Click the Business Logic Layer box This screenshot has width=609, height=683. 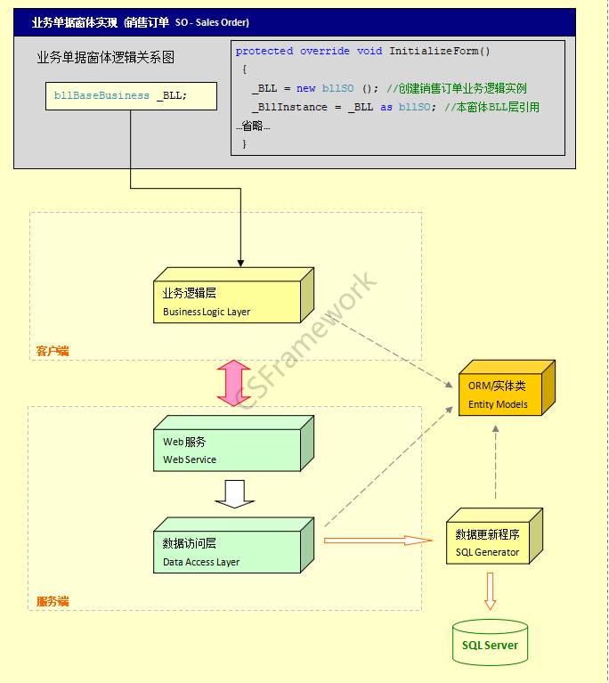tap(233, 296)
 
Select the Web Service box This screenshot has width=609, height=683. tap(233, 443)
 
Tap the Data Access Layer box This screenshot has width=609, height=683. tap(233, 545)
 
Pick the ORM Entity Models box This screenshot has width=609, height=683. tap(507, 387)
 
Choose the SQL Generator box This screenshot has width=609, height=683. tap(494, 536)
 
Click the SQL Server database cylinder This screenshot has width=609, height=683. tap(490, 643)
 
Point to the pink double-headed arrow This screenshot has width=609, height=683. tap(234, 383)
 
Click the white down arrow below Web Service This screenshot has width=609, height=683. tap(234, 494)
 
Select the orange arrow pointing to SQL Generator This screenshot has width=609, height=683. tap(378, 541)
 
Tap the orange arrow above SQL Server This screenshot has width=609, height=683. tap(490, 591)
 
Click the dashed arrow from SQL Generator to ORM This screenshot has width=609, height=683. tap(495, 462)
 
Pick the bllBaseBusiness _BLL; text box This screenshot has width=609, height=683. tap(131, 96)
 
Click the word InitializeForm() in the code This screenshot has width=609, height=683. tap(440, 51)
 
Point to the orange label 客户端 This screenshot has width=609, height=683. tap(53, 351)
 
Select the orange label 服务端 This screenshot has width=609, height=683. tap(53, 601)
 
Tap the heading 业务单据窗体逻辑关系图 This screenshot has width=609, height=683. tap(105, 57)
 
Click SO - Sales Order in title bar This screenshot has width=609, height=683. tap(212, 22)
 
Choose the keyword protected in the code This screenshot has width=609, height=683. tap(264, 51)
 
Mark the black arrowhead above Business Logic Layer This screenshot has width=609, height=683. tap(240, 264)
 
